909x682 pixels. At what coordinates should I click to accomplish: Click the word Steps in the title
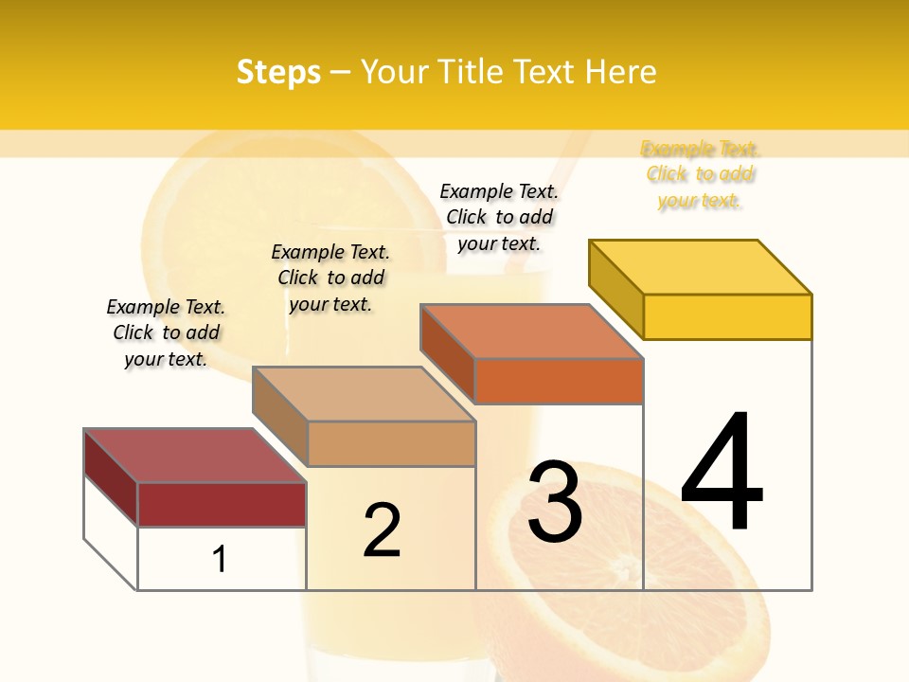(x=278, y=72)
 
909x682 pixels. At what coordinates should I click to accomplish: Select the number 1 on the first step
(x=220, y=559)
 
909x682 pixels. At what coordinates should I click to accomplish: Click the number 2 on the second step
(x=382, y=530)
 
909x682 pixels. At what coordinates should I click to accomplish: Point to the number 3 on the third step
(x=555, y=503)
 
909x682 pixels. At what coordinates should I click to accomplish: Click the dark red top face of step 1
(x=194, y=455)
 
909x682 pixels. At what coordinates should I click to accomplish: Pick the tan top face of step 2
(x=364, y=393)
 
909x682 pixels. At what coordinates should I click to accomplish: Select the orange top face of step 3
(x=531, y=332)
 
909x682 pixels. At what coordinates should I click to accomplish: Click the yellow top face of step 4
(x=700, y=267)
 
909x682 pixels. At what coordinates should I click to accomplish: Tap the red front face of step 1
(x=222, y=504)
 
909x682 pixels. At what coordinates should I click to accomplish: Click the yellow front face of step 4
(x=727, y=316)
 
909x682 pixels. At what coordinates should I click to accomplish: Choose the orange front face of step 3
(x=559, y=381)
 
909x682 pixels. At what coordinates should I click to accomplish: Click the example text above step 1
(x=166, y=332)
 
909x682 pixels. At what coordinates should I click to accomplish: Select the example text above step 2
(x=330, y=278)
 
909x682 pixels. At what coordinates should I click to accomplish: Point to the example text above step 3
(x=499, y=217)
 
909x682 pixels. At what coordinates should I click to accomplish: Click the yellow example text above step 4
(x=700, y=174)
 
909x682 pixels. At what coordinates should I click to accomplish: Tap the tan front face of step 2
(x=391, y=443)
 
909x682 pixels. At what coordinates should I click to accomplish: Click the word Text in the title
(x=544, y=72)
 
